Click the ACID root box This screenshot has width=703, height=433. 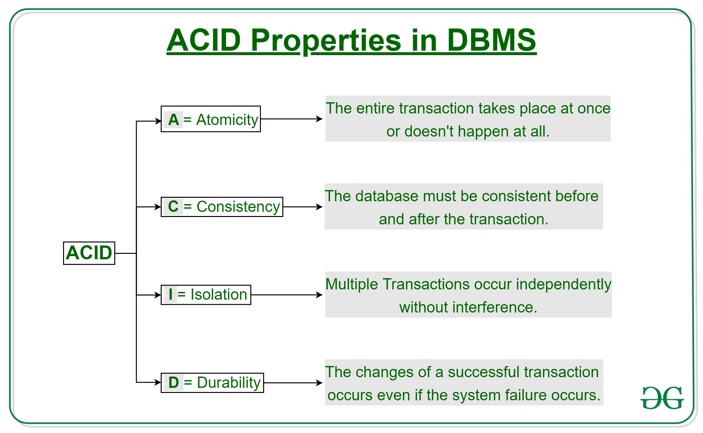[89, 253]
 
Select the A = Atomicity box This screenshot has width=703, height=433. [211, 119]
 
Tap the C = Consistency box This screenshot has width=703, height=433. [222, 207]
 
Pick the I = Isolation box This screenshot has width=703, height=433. [206, 295]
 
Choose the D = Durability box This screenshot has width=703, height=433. [212, 382]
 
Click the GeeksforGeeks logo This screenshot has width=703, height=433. [662, 398]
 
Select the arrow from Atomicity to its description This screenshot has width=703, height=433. [291, 119]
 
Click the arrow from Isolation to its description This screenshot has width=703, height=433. [287, 295]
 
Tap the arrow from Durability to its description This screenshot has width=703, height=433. [293, 382]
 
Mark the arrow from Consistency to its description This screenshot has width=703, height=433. [303, 207]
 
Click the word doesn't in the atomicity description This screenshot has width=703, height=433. [429, 131]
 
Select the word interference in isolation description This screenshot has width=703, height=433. [495, 307]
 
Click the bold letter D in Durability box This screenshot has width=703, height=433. [174, 382]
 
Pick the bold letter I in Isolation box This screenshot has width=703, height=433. [170, 295]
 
